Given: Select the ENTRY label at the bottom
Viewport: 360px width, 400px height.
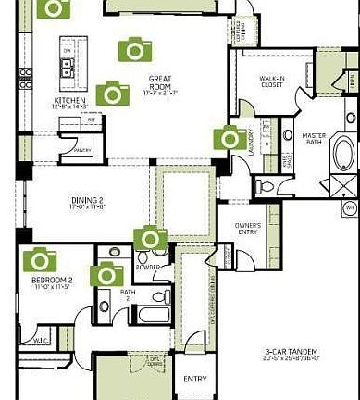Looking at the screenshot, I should point(194,379).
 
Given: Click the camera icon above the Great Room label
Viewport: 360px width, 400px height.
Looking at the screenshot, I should point(135,49).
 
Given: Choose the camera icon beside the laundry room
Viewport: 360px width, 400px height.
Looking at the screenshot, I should point(230,138).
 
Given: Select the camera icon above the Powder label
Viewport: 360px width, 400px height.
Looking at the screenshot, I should point(151,240).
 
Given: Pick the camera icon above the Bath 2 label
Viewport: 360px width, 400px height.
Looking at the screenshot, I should point(106,273).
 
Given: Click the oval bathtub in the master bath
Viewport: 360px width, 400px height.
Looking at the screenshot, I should point(342,152).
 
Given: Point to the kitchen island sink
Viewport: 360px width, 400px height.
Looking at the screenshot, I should point(68,66).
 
